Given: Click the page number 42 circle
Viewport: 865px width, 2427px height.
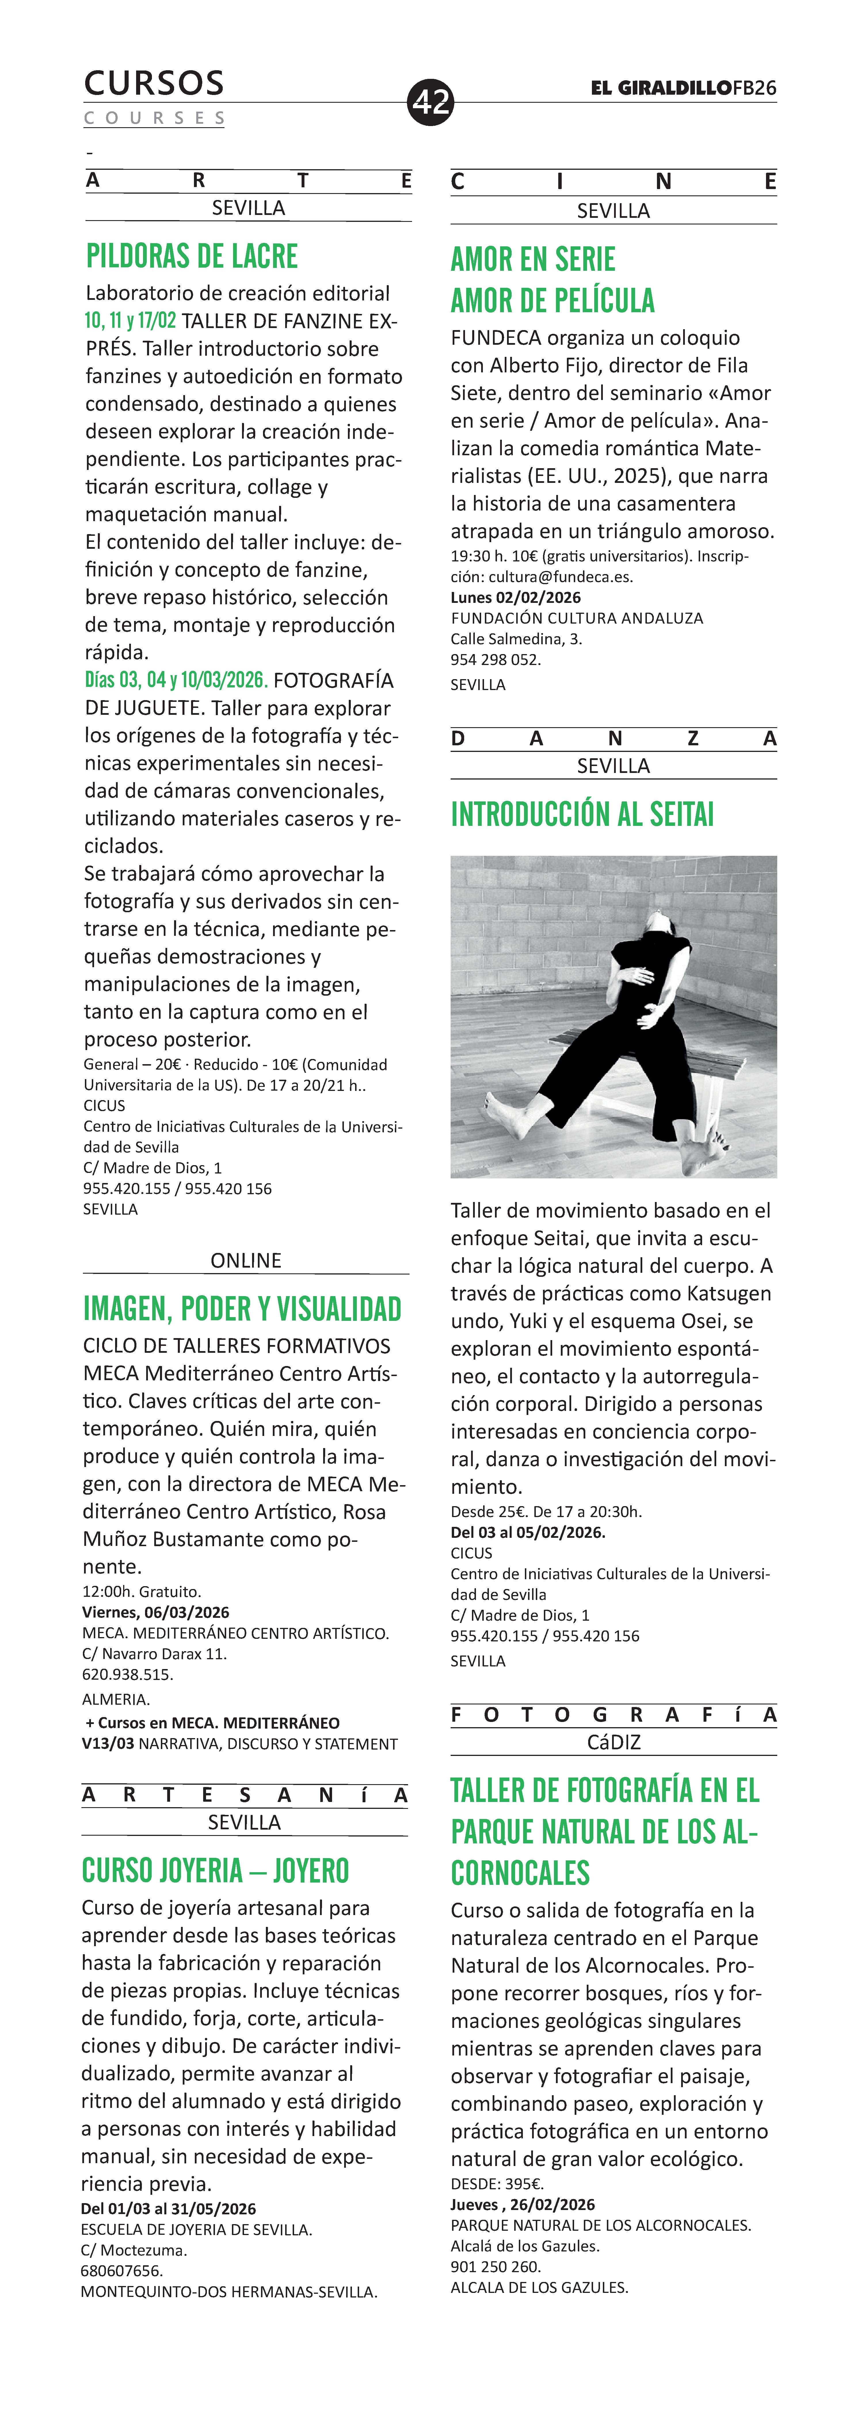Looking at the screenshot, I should pyautogui.click(x=430, y=102).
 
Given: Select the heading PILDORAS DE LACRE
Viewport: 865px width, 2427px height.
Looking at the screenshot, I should pyautogui.click(x=192, y=256).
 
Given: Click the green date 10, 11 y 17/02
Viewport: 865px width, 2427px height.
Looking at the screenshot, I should pyautogui.click(x=130, y=320).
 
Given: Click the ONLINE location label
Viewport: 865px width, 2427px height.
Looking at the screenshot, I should pyautogui.click(x=246, y=1261).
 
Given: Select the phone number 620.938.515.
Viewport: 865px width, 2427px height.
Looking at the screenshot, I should pyautogui.click(x=128, y=1674).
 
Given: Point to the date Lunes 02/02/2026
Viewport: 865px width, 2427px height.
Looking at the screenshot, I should pyautogui.click(x=515, y=597).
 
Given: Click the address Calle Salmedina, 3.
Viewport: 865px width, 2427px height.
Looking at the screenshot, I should pyautogui.click(x=516, y=639).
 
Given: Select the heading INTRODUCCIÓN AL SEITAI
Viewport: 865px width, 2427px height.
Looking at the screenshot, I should pyautogui.click(x=582, y=814).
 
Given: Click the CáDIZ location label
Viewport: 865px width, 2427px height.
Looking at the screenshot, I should pyautogui.click(x=613, y=1742).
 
